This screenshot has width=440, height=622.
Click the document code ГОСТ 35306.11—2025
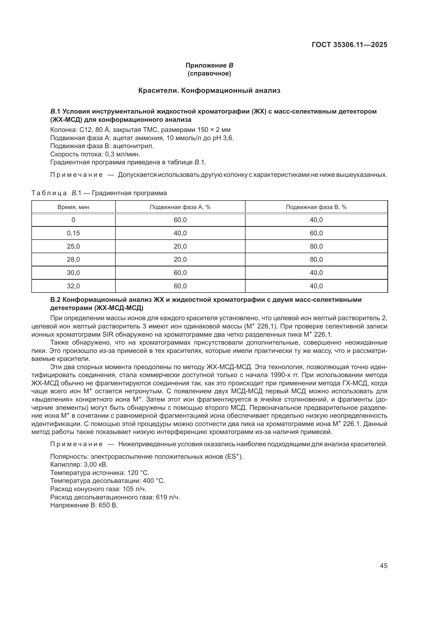pos(349,45)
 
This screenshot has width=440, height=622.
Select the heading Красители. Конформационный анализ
pos(209,90)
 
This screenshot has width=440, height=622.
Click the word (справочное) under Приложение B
pos(209,74)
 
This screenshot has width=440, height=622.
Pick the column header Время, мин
pos(73,207)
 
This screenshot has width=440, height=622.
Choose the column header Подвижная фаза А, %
pos(180,207)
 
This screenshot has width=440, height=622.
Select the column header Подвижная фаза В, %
pos(316,207)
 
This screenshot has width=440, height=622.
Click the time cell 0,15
pos(73,233)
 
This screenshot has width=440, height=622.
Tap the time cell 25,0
pos(73,247)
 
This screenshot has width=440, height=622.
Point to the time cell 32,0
pos(73,286)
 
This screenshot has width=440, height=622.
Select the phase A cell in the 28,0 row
pos(180,260)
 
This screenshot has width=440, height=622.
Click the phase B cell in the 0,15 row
pos(316,233)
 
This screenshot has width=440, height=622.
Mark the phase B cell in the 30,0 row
pos(316,273)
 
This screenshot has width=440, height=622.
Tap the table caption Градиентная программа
pos(130,193)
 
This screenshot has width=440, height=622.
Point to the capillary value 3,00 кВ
pos(96,465)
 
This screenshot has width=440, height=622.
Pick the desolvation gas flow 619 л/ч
pos(168,497)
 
